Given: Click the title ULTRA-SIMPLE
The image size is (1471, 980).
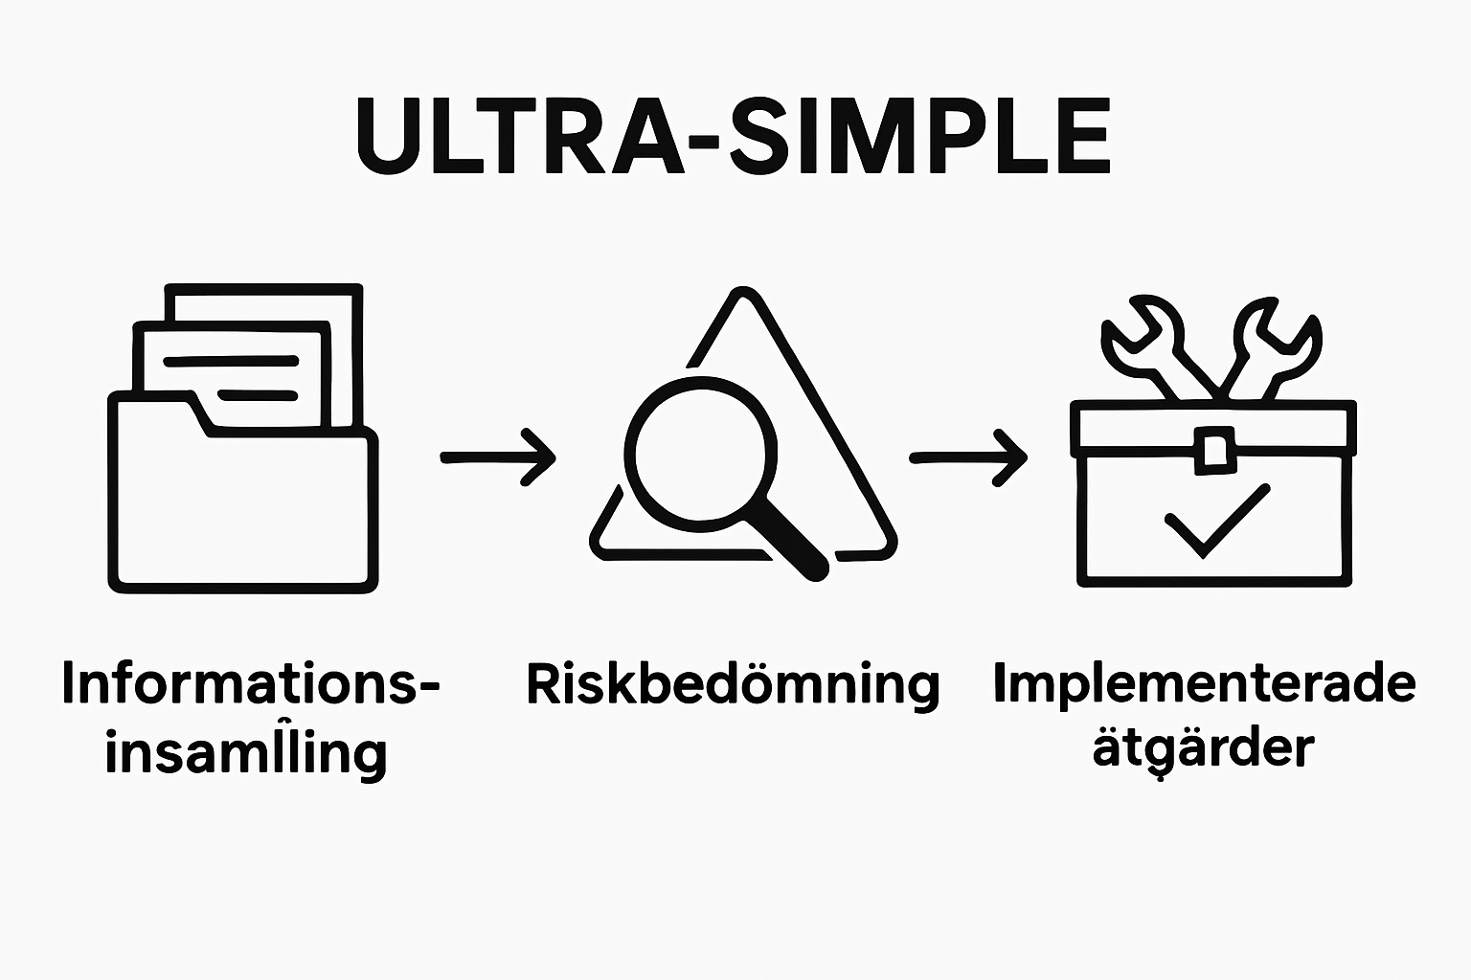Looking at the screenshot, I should tap(734, 137).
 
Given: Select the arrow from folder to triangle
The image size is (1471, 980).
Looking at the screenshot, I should tap(498, 457).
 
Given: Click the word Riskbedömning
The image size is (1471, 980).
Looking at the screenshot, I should tap(733, 685).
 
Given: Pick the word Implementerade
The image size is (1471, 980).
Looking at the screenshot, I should tap(1204, 683).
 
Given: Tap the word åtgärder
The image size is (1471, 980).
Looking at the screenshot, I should tap(1203, 748).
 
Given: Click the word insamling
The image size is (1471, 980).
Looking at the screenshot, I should tap(246, 752).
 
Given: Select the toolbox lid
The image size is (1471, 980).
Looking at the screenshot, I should tap(1212, 426).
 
